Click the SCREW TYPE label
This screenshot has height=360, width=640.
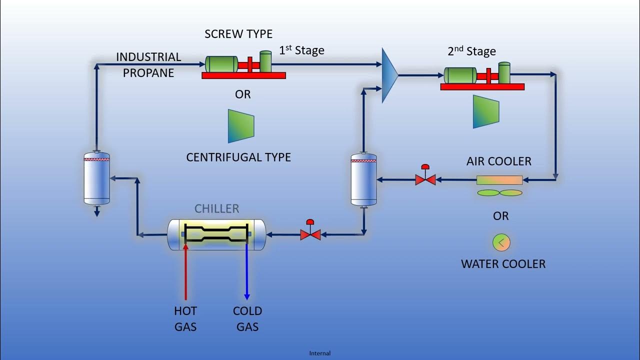[238, 34]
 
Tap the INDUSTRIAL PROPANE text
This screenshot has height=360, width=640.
[148, 65]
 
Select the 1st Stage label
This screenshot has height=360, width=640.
[301, 50]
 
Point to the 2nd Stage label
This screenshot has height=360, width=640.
[471, 51]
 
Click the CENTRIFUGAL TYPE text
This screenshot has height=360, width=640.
[238, 157]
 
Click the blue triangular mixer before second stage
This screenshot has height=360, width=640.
[388, 75]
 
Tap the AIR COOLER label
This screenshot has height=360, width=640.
[498, 161]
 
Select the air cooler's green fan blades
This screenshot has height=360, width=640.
[499, 193]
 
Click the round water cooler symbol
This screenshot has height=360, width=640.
[501, 242]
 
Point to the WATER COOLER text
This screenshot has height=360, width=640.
[503, 264]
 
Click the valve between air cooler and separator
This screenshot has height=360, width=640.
[425, 178]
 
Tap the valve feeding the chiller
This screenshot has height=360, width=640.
[310, 233]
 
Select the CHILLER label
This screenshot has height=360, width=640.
[217, 208]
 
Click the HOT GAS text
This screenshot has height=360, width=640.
[185, 319]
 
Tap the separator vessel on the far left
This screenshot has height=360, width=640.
[96, 179]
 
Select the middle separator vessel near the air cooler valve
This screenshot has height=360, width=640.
[363, 180]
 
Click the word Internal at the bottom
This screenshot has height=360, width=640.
[320, 353]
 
